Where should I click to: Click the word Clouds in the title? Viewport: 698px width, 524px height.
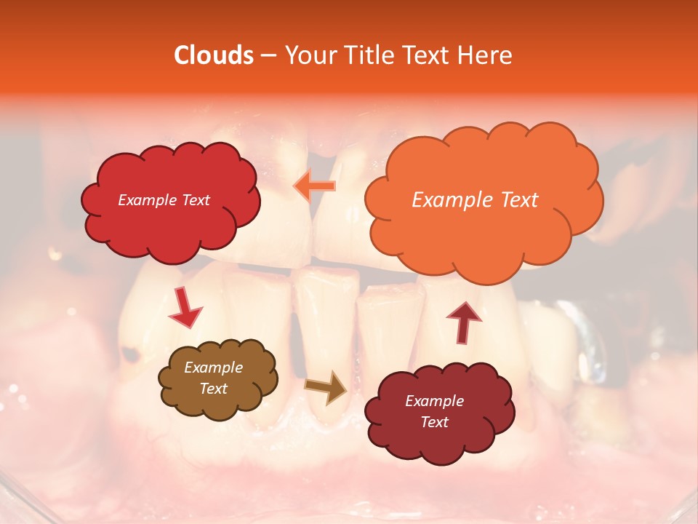click(213, 55)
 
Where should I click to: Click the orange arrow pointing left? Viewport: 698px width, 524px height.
click(314, 186)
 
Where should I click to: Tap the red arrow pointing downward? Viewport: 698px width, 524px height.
click(185, 307)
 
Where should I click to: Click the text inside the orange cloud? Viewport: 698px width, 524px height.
click(475, 200)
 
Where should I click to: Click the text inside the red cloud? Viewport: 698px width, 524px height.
click(164, 200)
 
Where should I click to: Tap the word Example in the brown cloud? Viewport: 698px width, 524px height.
click(213, 368)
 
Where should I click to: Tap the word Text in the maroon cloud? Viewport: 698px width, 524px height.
click(434, 422)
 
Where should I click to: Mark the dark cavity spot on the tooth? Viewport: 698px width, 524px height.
click(132, 355)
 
